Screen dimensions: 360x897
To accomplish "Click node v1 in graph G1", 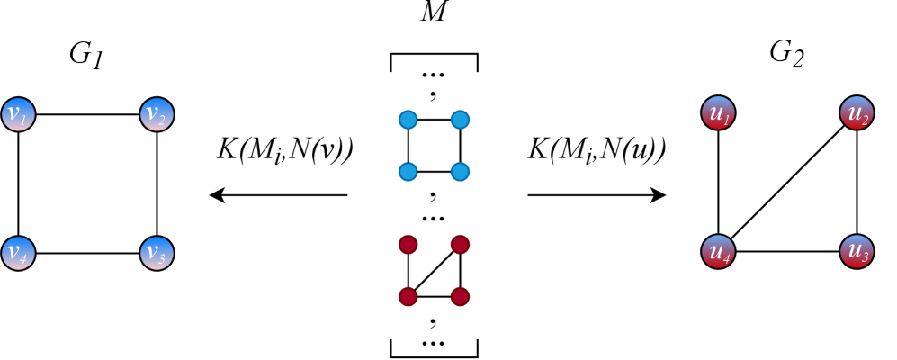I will pos(18,114).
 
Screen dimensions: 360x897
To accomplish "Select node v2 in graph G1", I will pos(157,114).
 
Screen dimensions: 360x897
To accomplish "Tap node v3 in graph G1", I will pos(157,252).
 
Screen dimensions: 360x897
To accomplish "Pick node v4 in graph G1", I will pos(18,252).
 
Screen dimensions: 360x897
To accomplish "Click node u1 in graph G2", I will pos(717,114).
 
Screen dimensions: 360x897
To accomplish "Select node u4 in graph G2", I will pos(717,252).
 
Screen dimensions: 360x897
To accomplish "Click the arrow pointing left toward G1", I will pos(278,195).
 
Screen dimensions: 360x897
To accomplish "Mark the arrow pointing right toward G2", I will pos(597,195).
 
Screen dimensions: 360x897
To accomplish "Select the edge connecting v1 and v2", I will pos(87,114).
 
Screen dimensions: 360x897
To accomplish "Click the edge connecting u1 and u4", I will pos(717,184).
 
